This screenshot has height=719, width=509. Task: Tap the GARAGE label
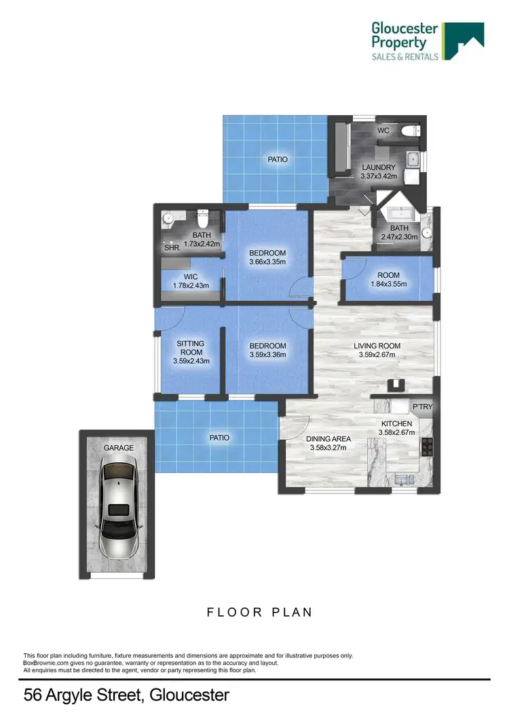click(118, 448)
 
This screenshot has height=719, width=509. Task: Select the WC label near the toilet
click(383, 131)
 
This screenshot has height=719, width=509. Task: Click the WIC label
click(191, 276)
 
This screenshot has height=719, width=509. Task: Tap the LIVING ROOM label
click(377, 346)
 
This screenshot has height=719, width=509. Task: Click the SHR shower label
click(172, 248)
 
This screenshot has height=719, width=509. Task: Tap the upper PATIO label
click(276, 160)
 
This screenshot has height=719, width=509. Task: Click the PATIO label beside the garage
click(218, 438)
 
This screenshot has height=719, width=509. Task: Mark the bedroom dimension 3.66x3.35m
click(267, 262)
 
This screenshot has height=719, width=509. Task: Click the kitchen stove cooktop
click(427, 447)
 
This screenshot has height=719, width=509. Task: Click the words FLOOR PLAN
click(259, 612)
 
